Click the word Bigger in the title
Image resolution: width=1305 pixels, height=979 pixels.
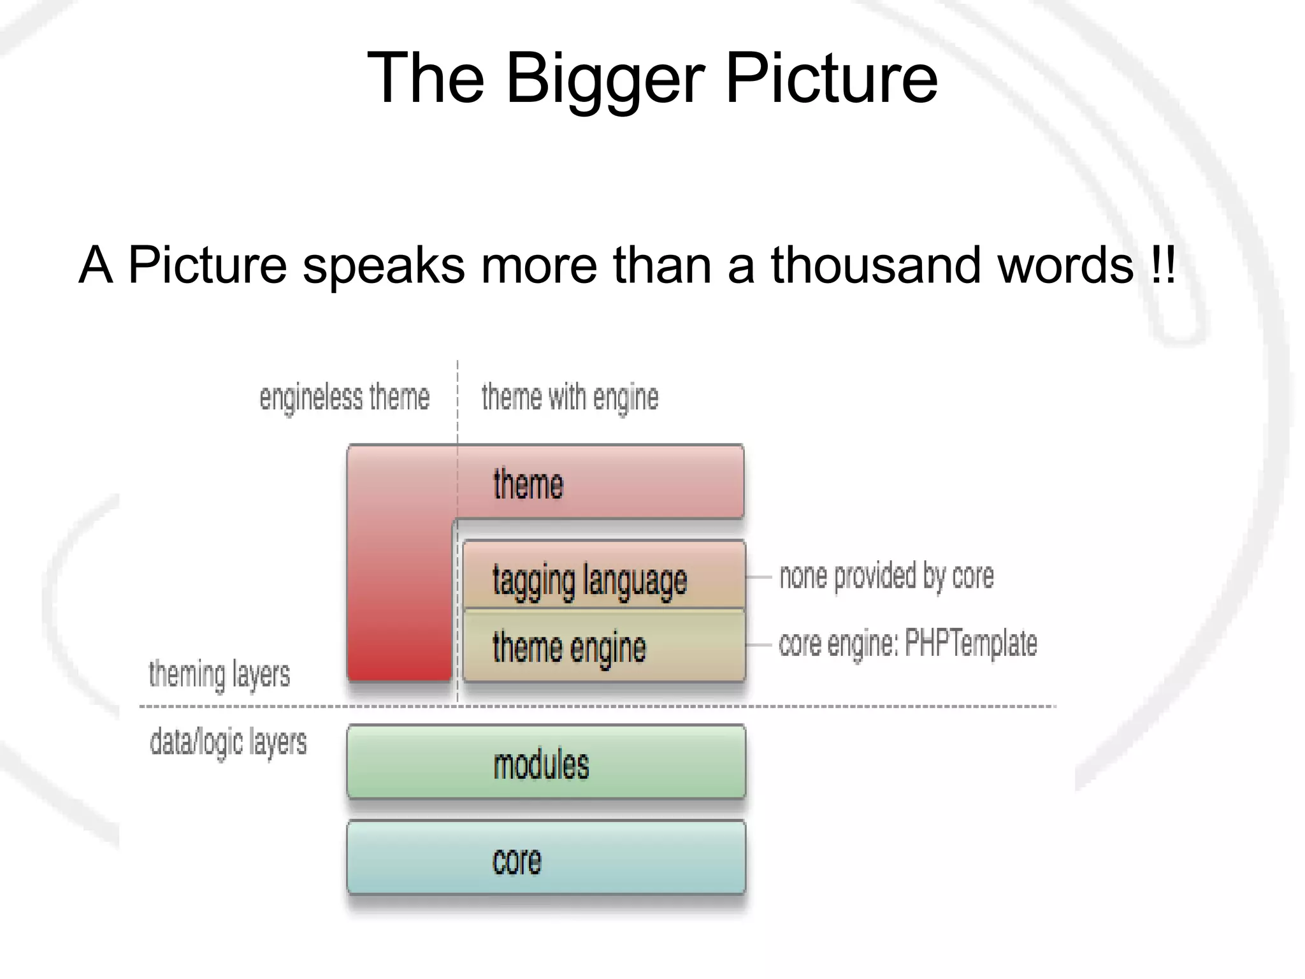pos(605,79)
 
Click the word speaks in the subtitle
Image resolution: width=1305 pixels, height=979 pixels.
pos(384,266)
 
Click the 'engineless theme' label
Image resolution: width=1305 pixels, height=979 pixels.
pos(344,398)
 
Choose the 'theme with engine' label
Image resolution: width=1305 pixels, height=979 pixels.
pos(570,398)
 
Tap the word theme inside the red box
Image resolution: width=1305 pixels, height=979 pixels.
pos(528,484)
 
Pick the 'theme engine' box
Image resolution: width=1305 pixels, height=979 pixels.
pos(603,646)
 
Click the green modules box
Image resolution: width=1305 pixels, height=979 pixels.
pos(546,762)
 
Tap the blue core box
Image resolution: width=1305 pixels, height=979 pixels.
pos(546,859)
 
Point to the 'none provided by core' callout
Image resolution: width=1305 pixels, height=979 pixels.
pos(886,576)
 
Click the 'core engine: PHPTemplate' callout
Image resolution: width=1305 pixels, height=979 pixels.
pos(907,643)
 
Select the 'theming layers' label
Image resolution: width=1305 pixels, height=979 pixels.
pos(219,675)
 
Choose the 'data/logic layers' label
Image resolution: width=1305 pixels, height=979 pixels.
pos(228,743)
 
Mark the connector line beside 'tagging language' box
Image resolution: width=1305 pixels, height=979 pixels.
pos(759,577)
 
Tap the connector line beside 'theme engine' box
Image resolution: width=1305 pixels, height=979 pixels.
pos(759,645)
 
